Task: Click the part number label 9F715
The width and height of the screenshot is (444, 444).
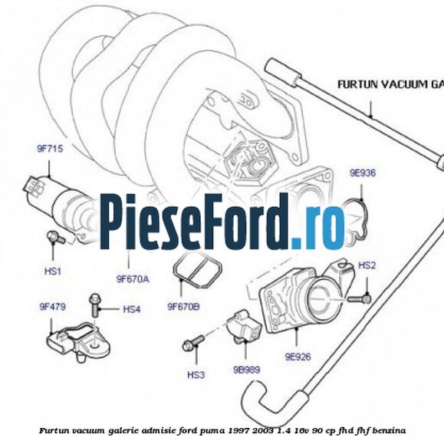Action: [50, 150]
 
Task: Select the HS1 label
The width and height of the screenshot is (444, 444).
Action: [52, 271]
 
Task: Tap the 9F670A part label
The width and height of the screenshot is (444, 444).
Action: [133, 279]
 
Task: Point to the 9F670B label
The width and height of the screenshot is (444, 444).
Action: [183, 308]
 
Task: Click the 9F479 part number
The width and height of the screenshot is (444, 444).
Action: [53, 307]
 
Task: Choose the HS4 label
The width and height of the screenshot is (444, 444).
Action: [132, 309]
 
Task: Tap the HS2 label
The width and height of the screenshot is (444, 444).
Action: [367, 265]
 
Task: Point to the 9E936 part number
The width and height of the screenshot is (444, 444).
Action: [363, 173]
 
